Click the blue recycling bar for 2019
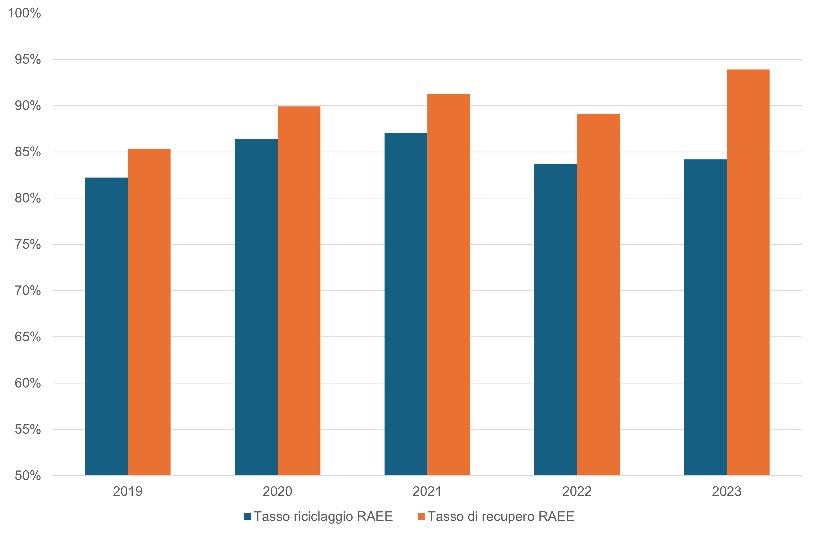coord(106,326)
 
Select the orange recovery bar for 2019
coord(149,312)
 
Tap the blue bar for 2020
coord(256,307)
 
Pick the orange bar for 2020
coord(299,291)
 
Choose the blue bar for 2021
coord(406,304)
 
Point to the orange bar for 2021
coord(448,284)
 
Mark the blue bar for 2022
coord(556,320)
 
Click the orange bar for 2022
coord(598,294)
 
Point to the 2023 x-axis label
coord(727,492)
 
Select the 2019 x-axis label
coord(128,492)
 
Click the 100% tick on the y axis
coord(24,13)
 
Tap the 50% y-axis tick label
coord(28,475)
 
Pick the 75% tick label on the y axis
coord(28,245)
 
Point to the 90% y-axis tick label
coord(28,106)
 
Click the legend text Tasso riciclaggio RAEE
coord(323,516)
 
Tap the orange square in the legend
coord(421,516)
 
